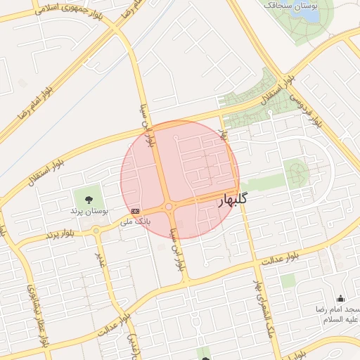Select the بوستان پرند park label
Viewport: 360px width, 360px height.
pos(88,210)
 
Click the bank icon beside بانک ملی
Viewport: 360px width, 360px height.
pos(135,210)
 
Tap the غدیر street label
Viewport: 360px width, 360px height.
pos(101,259)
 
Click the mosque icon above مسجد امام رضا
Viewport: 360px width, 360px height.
pos(341,298)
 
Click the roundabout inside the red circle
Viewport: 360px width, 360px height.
pos(169,207)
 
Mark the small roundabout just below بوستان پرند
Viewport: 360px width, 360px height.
pos(96,230)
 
